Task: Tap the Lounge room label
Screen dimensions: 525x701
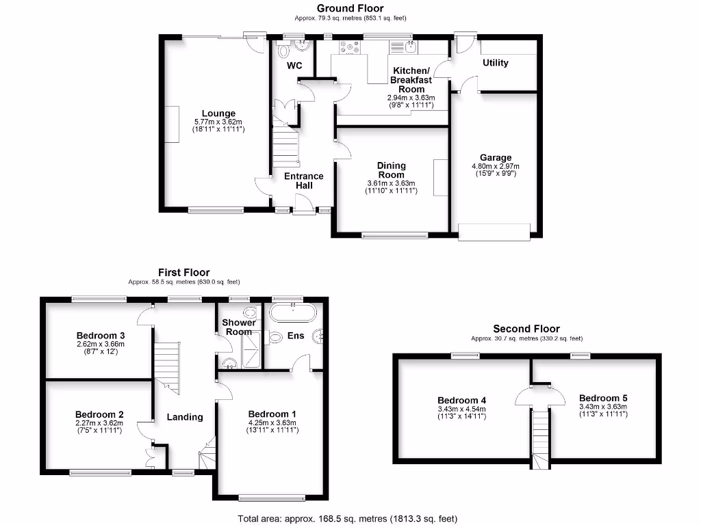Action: click(218, 113)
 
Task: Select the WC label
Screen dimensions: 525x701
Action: click(294, 66)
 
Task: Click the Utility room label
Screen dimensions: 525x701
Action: click(496, 63)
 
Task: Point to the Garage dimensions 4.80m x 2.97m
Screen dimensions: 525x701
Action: click(496, 166)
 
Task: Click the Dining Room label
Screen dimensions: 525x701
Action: click(392, 170)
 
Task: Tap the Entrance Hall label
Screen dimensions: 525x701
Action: click(304, 180)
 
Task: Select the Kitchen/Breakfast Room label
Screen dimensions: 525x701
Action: click(411, 80)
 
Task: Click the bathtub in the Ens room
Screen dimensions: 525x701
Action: click(293, 314)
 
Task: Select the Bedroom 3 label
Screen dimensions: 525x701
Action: click(101, 335)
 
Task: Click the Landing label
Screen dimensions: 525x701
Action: click(185, 417)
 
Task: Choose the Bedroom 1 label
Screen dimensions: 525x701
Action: click(272, 414)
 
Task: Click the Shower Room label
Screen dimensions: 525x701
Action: click(239, 327)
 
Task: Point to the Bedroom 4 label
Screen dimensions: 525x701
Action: click(458, 401)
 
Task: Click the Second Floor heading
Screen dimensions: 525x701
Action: click(526, 329)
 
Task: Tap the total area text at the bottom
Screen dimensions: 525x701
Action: click(348, 519)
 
